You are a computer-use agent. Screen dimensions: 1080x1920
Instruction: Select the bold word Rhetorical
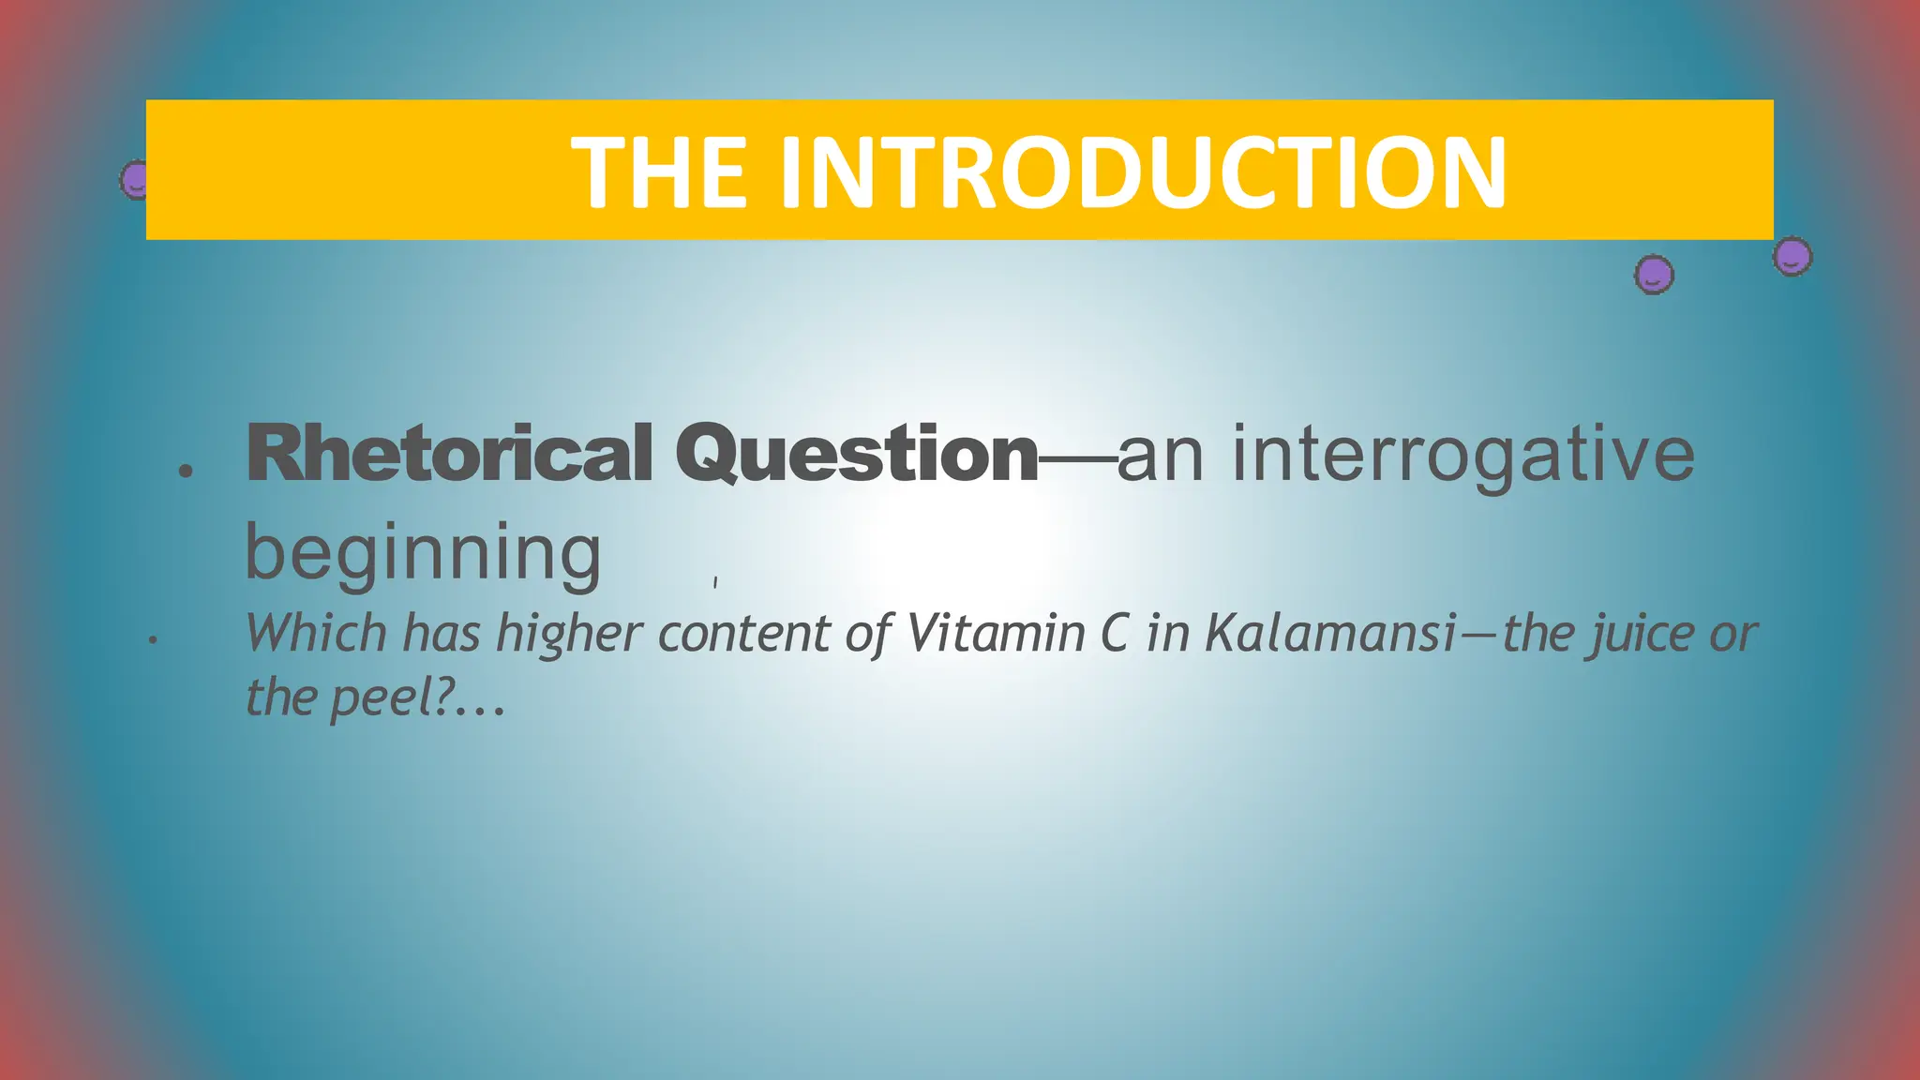pos(449,454)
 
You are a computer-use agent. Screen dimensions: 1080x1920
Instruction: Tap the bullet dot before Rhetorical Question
pos(186,471)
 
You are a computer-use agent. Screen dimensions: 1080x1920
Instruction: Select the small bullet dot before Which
pos(152,641)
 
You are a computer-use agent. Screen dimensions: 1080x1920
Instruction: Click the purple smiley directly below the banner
pos(1654,275)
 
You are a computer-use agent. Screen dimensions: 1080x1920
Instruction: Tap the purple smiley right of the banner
pos(1792,256)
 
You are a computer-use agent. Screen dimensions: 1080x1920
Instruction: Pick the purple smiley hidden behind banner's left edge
pos(134,179)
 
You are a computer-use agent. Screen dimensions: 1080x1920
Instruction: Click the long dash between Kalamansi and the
pos(1480,635)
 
